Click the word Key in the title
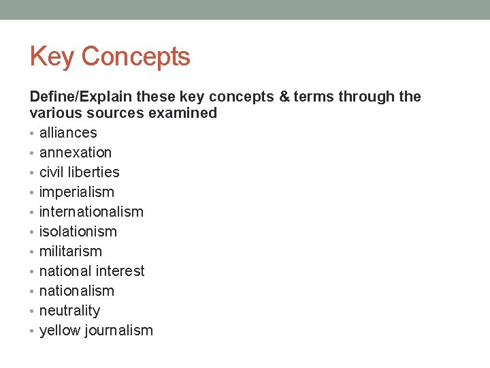pos(52,57)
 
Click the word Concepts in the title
pos(135,57)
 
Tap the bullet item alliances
pos(68,133)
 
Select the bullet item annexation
pos(76,153)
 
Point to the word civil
pos(52,172)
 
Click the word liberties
pos(94,172)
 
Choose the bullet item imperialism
pos(77,192)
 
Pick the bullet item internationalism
pos(91,212)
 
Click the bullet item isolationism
pos(78,232)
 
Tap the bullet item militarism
pos(71,251)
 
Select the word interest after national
pos(120,271)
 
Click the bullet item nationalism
pos(77,291)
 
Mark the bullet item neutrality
pos(69,311)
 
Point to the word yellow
pos(59,331)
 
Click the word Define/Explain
pos(81,97)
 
